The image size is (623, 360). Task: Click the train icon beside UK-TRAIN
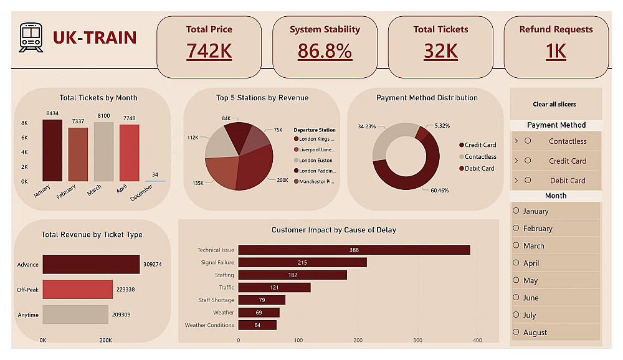[31, 37]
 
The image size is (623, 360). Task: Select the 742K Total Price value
[209, 51]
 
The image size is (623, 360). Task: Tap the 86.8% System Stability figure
[325, 51]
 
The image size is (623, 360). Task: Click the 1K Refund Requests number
[556, 51]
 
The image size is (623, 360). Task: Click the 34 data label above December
[155, 174]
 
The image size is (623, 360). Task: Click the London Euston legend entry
[315, 160]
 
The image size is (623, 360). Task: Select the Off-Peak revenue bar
[77, 290]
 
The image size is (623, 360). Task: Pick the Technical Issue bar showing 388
[354, 250]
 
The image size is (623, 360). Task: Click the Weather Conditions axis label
[209, 325]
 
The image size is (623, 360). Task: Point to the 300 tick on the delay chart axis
[417, 340]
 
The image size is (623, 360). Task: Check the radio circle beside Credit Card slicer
[528, 161]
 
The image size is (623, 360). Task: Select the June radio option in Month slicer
[516, 298]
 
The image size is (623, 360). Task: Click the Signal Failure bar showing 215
[302, 262]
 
